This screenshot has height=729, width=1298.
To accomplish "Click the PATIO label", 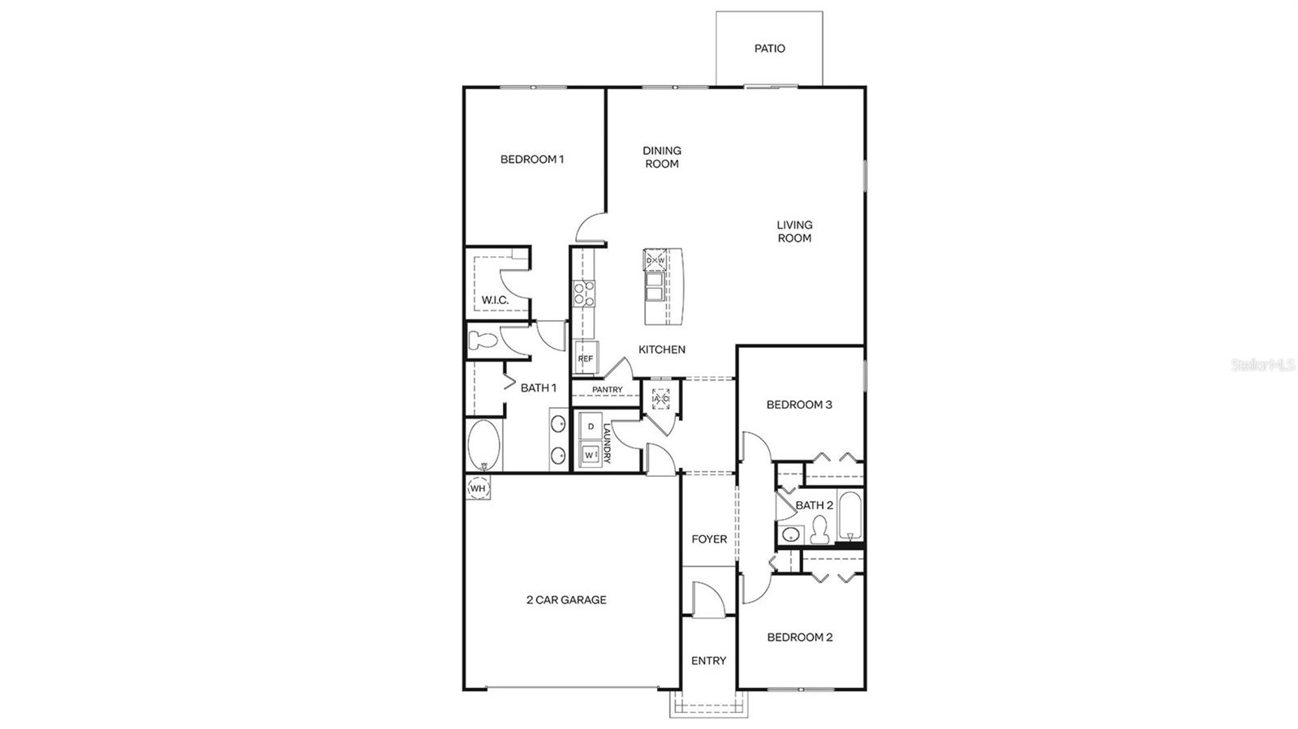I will point(769,49).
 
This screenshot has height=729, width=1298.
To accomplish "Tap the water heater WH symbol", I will point(478,488).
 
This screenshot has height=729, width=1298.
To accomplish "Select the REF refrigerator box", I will point(586,358).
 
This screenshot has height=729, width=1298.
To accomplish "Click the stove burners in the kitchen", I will point(583,293).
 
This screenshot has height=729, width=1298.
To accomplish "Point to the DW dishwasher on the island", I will point(655,260).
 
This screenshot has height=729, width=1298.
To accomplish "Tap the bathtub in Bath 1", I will point(484,444).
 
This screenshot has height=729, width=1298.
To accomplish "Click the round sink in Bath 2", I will point(790,534).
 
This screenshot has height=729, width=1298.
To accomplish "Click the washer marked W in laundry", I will point(591,455).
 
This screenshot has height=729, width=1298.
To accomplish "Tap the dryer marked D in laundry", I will point(591,427).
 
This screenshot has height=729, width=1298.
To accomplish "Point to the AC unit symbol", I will point(660,398).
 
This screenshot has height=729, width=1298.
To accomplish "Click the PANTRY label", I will point(607,390).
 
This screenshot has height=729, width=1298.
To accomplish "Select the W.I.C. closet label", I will point(495,300).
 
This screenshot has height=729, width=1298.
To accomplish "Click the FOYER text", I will point(709,539).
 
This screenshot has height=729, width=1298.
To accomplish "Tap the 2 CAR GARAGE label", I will point(566,600).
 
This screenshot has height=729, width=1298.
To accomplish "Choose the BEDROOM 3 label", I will point(799,405).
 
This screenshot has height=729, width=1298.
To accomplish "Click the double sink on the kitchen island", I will point(654,286).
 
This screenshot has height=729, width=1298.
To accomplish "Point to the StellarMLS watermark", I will point(1262,365).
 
